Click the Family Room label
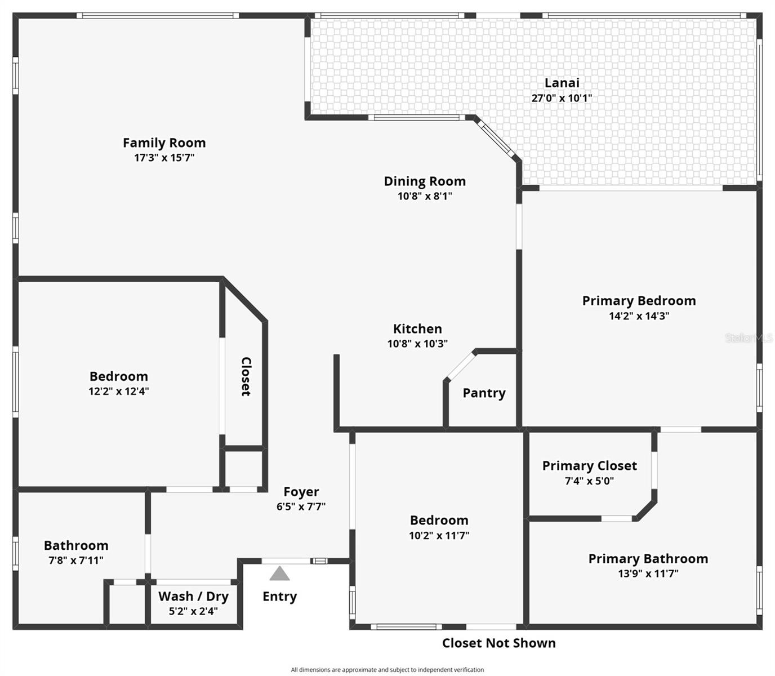click(164, 143)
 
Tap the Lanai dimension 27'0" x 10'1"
click(562, 98)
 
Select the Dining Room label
click(425, 181)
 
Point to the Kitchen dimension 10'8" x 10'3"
click(417, 344)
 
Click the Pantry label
click(484, 393)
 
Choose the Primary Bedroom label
click(639, 301)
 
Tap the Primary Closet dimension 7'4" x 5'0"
click(589, 481)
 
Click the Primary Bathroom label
click(648, 559)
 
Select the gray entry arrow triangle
click(279, 574)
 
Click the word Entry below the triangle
click(279, 597)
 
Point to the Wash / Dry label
click(193, 597)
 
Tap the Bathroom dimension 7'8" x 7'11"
click(76, 561)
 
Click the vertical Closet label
click(246, 376)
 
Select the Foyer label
click(301, 492)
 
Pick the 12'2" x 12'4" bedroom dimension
click(118, 392)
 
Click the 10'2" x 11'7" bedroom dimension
click(439, 536)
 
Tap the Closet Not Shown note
click(498, 643)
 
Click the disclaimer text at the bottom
click(387, 670)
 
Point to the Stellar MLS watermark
click(748, 338)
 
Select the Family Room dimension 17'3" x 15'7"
click(164, 158)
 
